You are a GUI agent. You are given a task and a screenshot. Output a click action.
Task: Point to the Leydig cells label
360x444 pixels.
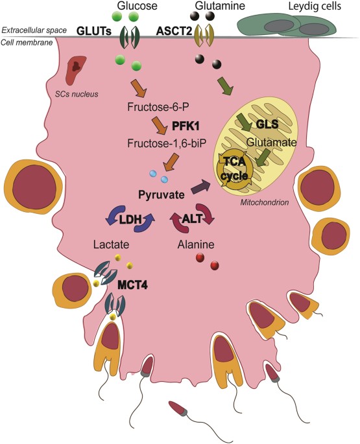(315, 6)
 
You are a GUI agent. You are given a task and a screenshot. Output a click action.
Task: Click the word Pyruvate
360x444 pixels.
(162, 193)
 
